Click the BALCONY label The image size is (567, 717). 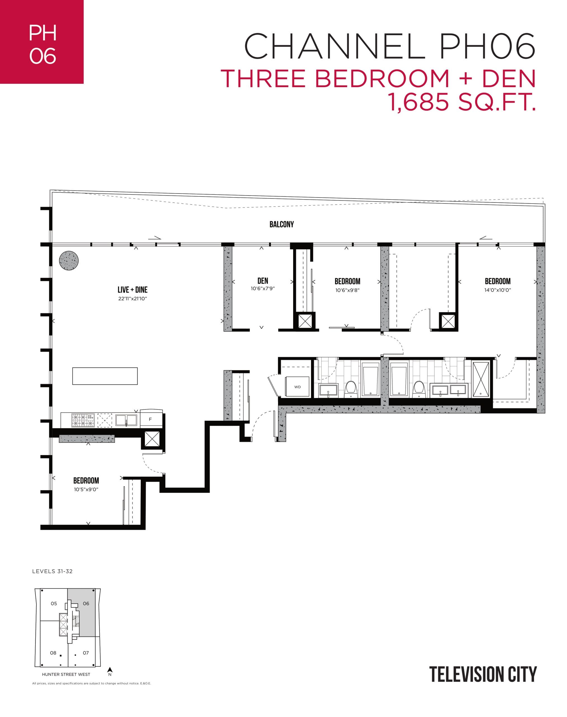coord(281,224)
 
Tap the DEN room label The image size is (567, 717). coord(263,281)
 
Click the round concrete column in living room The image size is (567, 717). coord(69,260)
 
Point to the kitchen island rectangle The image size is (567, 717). coord(105,376)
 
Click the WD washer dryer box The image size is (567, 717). coord(297,387)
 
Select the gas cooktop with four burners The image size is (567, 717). coord(83,420)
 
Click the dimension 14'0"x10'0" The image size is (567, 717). coord(497,290)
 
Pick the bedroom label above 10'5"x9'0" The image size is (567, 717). coord(86,480)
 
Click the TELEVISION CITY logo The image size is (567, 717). coord(483,674)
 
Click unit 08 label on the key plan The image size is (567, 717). coord(53,653)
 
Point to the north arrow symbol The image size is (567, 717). coord(110,671)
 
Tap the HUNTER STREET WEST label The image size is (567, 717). coord(66,674)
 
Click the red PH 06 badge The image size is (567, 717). coord(42,42)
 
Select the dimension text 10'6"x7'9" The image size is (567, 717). coord(263,288)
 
